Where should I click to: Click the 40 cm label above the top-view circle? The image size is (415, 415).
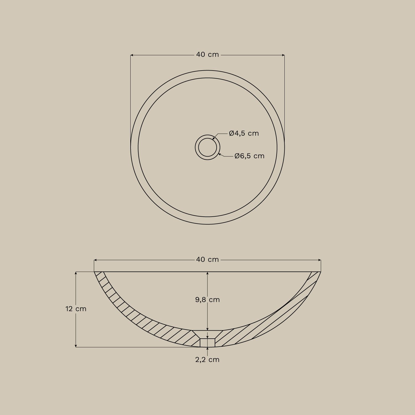pyautogui.click(x=207, y=55)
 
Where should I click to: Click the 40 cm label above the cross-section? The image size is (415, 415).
pyautogui.click(x=207, y=260)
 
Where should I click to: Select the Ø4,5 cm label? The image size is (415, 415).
pyautogui.click(x=244, y=133)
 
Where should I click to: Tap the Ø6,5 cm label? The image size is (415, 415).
pyautogui.click(x=249, y=156)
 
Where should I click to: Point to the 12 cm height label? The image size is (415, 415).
pyautogui.click(x=76, y=309)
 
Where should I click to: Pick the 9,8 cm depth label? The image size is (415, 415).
pyautogui.click(x=207, y=300)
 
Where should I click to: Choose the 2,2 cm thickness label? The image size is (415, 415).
pyautogui.click(x=207, y=360)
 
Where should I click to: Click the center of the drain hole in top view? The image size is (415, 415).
pyautogui.click(x=207, y=147)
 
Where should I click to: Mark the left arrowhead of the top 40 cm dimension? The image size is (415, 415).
pyautogui.click(x=132, y=55)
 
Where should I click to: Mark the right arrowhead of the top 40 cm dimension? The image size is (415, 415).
pyautogui.click(x=283, y=55)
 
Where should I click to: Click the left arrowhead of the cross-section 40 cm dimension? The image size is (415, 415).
pyautogui.click(x=95, y=260)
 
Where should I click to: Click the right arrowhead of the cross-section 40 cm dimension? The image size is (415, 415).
pyautogui.click(x=320, y=260)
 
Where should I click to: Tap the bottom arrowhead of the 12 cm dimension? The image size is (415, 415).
pyautogui.click(x=76, y=346)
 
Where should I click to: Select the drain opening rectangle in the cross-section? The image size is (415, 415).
pyautogui.click(x=207, y=343)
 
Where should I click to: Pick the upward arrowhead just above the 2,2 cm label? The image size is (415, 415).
pyautogui.click(x=207, y=349)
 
